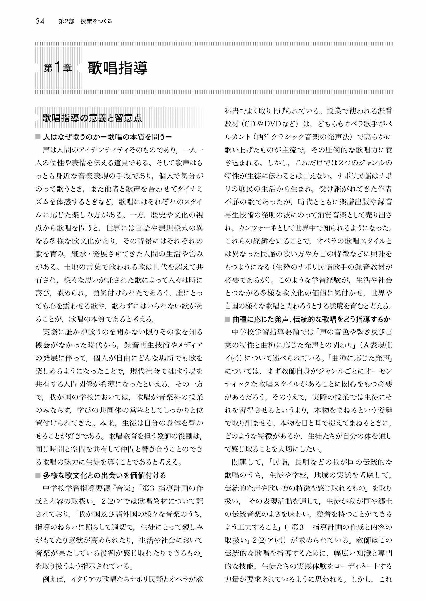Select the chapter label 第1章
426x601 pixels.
click(x=58, y=69)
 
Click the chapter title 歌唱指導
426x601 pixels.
click(x=118, y=68)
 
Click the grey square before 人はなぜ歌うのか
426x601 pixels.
click(x=38, y=138)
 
